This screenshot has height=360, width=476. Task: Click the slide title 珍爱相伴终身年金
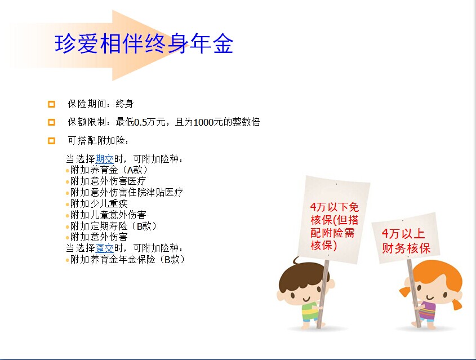coord(144,44)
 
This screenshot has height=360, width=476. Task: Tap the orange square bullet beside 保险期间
coord(52,104)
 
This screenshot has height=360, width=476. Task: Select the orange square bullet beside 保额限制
coord(52,122)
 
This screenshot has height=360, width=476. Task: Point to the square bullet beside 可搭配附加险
coord(52,140)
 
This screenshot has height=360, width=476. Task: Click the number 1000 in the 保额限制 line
coord(203,122)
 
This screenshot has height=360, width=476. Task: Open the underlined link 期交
coord(104,159)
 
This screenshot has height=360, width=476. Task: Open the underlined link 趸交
coord(104,248)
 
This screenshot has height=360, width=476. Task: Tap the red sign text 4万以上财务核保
coord(406,241)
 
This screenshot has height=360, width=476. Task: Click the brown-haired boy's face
coord(304,291)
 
